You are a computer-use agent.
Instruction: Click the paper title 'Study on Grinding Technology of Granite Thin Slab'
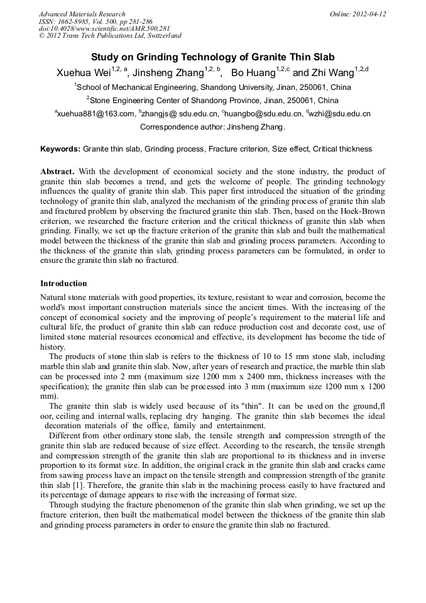[213, 57]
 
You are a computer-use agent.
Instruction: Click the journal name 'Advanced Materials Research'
[82, 14]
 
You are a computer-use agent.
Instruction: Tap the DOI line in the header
[104, 28]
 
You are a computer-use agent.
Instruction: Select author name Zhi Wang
[330, 73]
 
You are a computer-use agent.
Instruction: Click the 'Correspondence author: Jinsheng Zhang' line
[212, 127]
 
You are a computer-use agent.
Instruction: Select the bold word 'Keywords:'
[60, 149]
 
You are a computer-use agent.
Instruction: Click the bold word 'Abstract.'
[58, 172]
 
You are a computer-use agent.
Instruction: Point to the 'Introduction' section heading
[63, 284]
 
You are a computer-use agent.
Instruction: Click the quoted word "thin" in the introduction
[211, 406]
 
